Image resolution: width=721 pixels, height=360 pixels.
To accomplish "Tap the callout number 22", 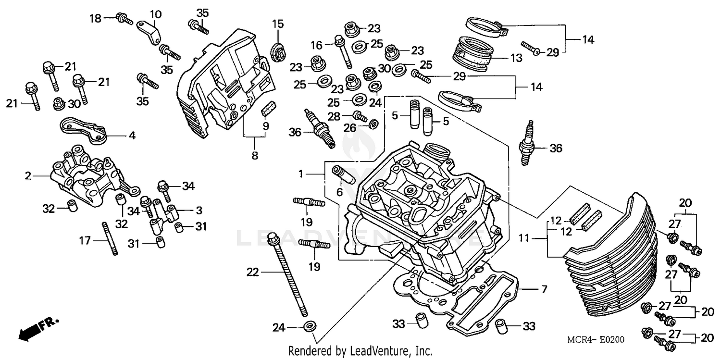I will tap(252, 273).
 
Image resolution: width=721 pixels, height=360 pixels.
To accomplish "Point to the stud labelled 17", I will tap(109, 238).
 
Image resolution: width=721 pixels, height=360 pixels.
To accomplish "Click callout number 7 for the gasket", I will tap(544, 289).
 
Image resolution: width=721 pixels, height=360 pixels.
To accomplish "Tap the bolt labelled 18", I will tap(124, 19).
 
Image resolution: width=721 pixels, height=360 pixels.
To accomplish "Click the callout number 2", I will tap(28, 176).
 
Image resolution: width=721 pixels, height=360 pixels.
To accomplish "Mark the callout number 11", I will tap(525, 237).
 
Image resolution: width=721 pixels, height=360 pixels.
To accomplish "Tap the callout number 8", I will tap(255, 155).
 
